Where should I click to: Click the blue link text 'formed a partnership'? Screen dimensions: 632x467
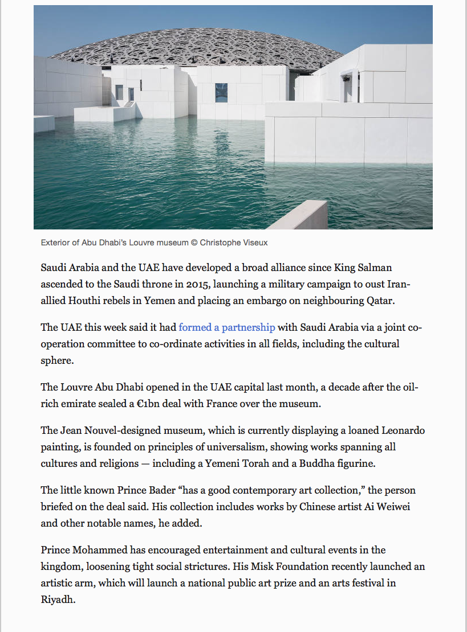point(227,327)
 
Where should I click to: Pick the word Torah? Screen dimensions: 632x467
point(254,463)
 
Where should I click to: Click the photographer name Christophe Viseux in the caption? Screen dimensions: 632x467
point(234,243)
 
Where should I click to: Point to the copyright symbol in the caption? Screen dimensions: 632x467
point(194,243)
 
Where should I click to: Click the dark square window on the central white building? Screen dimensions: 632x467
point(221,92)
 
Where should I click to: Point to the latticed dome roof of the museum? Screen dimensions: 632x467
point(194,43)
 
